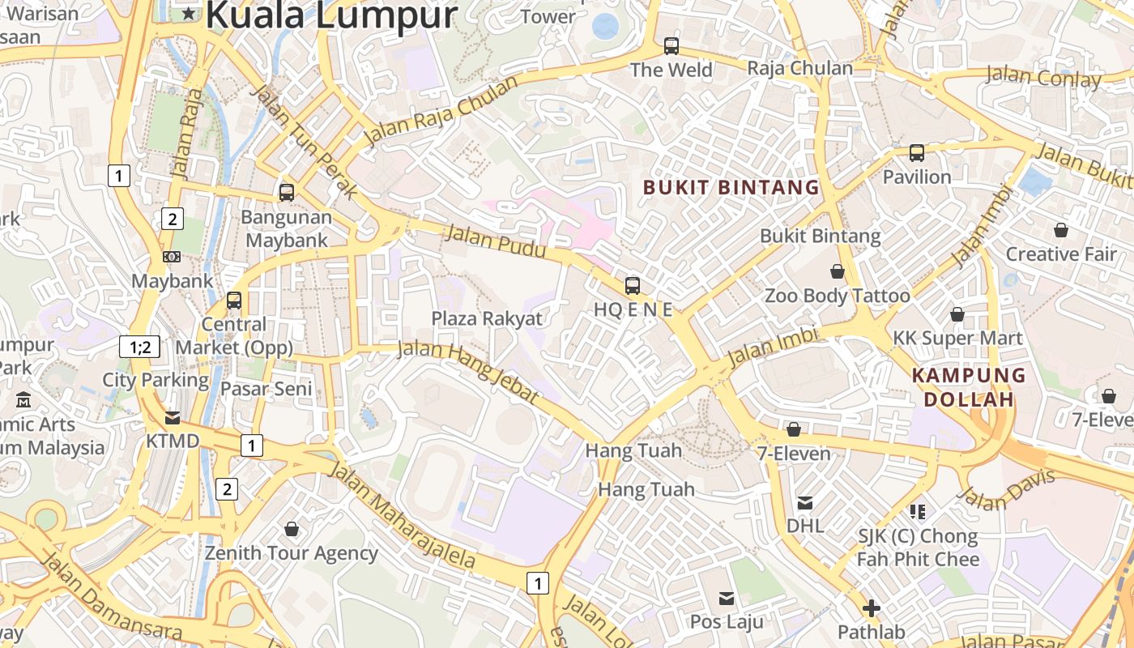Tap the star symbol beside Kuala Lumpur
(189, 13)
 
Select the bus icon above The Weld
(671, 46)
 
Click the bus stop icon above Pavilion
(917, 152)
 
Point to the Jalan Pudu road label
(496, 242)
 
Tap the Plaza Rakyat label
(487, 318)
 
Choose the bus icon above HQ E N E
(633, 285)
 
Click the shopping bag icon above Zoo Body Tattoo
(838, 271)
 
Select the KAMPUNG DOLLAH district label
(969, 387)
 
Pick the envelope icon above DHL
(805, 503)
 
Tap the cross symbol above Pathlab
(872, 607)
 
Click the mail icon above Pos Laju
(727, 599)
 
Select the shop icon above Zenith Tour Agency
(292, 529)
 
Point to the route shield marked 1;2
(139, 347)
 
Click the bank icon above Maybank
(172, 257)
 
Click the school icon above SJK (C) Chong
(918, 511)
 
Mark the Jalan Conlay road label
(1043, 79)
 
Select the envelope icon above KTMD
(173, 418)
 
